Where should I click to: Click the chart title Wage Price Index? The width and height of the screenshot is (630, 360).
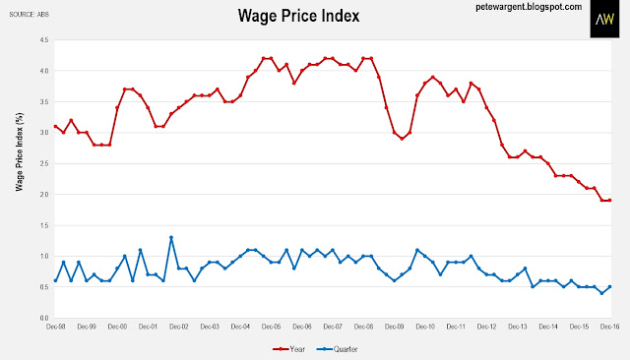(x=298, y=16)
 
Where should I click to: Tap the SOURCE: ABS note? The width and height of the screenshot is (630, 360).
(x=29, y=15)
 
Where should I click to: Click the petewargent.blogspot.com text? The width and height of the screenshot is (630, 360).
(x=529, y=7)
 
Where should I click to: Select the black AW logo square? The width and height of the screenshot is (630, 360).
(x=604, y=19)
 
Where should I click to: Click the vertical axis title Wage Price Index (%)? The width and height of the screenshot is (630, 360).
(x=20, y=151)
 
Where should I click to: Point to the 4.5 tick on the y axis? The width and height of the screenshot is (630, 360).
(x=43, y=40)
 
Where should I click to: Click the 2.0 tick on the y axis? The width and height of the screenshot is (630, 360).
(x=43, y=195)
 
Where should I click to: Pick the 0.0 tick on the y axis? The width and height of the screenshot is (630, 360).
(x=43, y=319)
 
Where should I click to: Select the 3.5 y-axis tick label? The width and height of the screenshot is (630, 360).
(x=43, y=102)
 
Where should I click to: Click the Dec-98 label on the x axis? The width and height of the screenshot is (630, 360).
(x=55, y=327)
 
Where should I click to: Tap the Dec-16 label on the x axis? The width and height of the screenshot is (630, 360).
(x=609, y=327)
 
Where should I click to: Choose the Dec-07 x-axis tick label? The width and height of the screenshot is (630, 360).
(x=333, y=327)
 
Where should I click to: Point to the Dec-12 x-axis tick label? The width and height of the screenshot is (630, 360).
(x=486, y=327)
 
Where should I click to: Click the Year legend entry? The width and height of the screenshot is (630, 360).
(x=288, y=349)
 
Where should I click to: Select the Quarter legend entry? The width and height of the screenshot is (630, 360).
(x=337, y=349)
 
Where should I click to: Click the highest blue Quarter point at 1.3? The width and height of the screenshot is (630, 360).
(x=171, y=238)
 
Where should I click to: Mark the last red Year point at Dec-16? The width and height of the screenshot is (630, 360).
(x=609, y=201)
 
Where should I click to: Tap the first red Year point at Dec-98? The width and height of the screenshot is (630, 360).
(x=55, y=127)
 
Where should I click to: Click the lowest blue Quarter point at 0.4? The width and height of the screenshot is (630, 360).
(x=601, y=293)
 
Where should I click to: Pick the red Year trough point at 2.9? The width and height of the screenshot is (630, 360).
(x=402, y=139)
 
